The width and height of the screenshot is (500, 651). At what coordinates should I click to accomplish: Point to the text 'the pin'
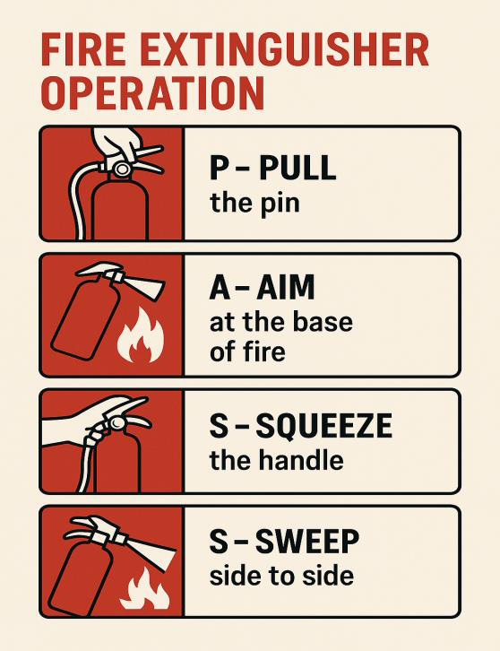click(x=254, y=203)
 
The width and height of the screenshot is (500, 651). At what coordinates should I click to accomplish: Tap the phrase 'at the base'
click(x=280, y=321)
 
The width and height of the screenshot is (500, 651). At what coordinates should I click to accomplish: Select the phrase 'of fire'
click(x=247, y=352)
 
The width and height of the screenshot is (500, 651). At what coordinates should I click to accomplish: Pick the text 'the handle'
click(x=276, y=461)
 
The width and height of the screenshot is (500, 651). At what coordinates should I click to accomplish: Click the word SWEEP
click(x=307, y=542)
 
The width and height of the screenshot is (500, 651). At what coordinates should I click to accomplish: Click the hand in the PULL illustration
click(x=116, y=143)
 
